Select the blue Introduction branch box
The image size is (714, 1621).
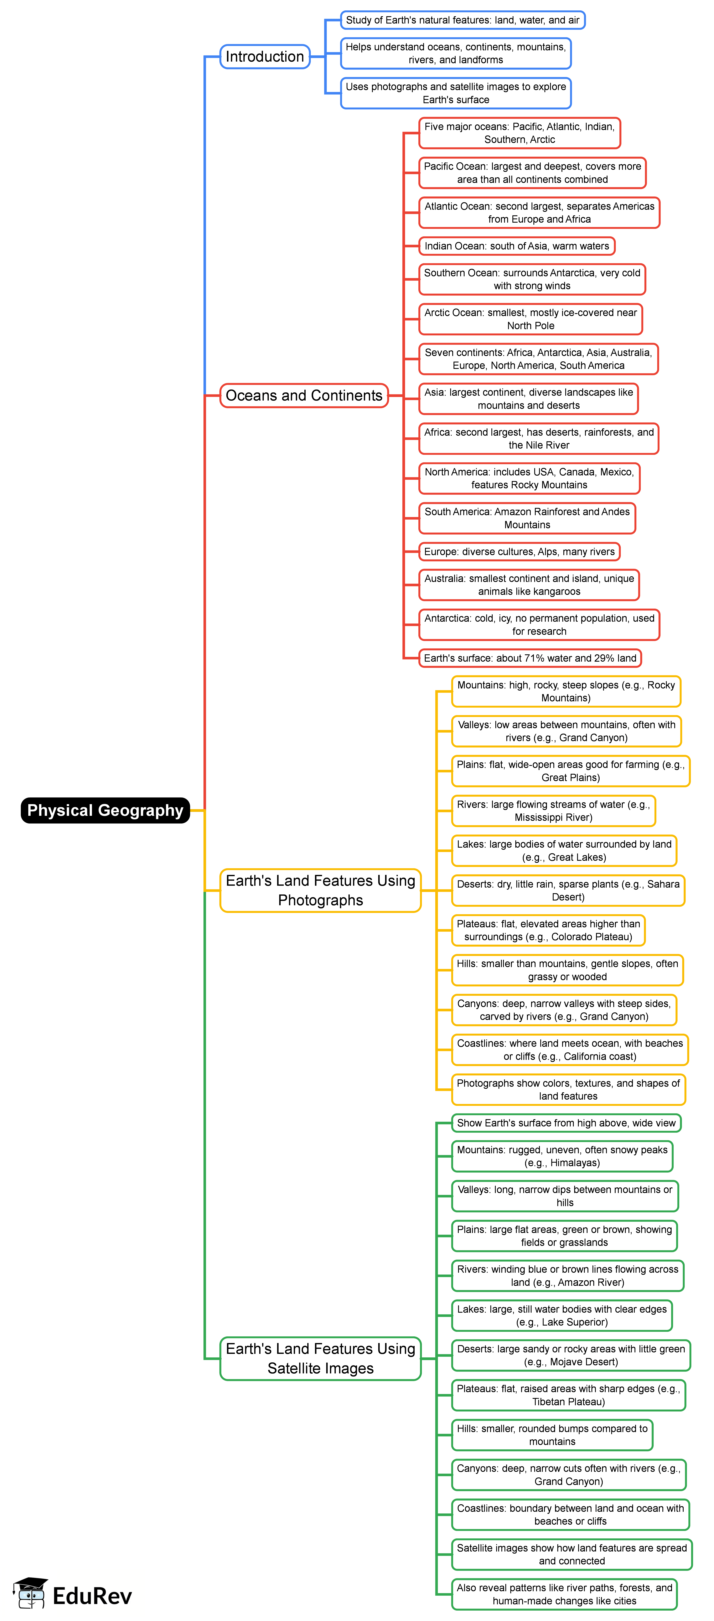tap(265, 57)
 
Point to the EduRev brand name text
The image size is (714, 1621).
tap(92, 1596)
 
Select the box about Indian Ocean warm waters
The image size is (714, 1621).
tap(517, 246)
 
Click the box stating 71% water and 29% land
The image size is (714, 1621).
tap(530, 658)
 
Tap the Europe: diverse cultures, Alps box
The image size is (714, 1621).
tap(519, 552)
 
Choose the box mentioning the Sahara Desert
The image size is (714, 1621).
tap(568, 890)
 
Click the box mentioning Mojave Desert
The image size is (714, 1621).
tap(571, 1356)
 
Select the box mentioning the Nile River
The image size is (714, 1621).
tap(538, 439)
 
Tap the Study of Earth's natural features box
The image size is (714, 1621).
tap(462, 20)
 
